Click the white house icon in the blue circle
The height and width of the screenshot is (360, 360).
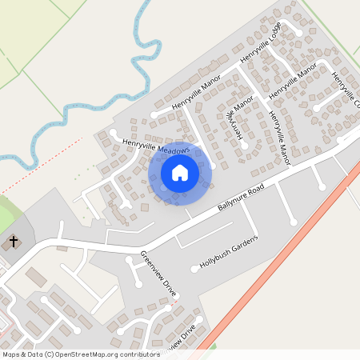click(180, 172)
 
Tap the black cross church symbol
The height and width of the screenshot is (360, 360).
click(13, 241)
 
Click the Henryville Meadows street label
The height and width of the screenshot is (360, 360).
click(156, 146)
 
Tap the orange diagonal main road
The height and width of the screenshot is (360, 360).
click(280, 256)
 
